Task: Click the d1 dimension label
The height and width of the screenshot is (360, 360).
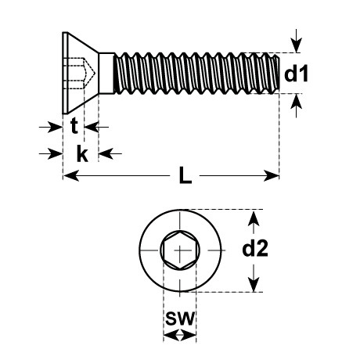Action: click(296, 74)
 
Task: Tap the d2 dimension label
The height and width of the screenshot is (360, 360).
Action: click(255, 249)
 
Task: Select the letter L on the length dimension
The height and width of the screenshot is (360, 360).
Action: click(185, 175)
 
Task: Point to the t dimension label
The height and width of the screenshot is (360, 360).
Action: click(74, 126)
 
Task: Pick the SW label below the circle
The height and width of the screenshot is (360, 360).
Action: click(180, 318)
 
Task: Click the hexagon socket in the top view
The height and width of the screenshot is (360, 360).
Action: click(180, 250)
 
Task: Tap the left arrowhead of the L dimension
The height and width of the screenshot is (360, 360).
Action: click(71, 175)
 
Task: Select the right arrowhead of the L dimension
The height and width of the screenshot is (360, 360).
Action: click(272, 175)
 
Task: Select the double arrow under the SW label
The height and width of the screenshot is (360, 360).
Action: click(180, 335)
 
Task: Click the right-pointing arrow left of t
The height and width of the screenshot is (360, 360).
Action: click(51, 127)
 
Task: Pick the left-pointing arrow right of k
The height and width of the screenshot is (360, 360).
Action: click(110, 153)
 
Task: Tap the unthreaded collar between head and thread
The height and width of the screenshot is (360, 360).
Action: click(106, 73)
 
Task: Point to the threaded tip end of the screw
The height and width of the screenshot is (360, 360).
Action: click(277, 73)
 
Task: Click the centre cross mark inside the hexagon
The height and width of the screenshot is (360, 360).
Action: click(180, 250)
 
